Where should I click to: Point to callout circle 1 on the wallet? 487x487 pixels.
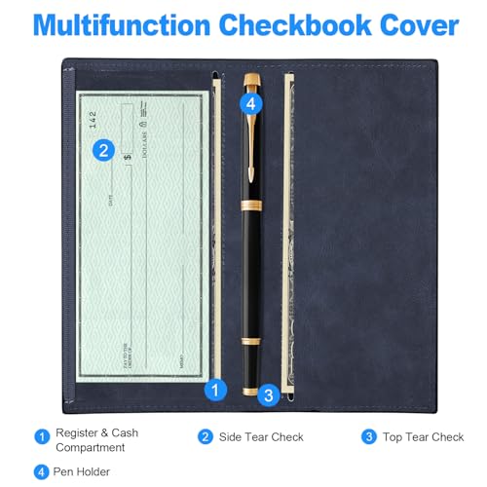click(x=216, y=388)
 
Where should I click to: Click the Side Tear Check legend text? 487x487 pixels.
click(x=263, y=437)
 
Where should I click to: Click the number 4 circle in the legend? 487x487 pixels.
click(x=41, y=470)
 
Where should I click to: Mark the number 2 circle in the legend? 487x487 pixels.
click(x=206, y=437)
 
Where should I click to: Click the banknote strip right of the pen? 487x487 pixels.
click(x=287, y=234)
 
